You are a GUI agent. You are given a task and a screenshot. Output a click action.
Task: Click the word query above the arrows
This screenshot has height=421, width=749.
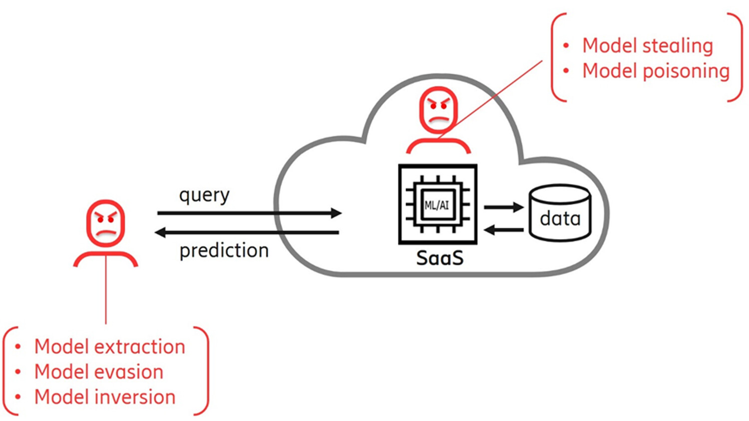[204, 195]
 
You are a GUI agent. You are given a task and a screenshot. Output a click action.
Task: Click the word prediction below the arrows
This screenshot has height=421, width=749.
[224, 250]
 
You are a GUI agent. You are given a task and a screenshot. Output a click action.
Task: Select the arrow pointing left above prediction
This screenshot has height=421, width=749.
[247, 232]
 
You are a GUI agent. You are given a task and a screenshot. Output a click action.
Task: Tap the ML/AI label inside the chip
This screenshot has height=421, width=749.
[436, 205]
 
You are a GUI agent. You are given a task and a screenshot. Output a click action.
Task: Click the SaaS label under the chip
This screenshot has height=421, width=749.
[439, 258]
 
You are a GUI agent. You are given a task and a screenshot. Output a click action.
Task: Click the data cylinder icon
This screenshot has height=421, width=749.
[560, 213]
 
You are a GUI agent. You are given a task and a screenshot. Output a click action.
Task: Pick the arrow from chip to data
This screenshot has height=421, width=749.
[504, 207]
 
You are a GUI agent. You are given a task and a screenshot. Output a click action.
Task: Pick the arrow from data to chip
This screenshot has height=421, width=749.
[504, 230]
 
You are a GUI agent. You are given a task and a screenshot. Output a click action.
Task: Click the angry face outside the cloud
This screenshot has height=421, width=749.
[105, 223]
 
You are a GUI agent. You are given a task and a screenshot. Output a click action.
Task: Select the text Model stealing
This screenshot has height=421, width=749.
[648, 45]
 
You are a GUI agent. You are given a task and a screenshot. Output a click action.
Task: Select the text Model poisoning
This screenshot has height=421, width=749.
[656, 71]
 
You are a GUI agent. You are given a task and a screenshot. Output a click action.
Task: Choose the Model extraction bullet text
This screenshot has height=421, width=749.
[109, 346]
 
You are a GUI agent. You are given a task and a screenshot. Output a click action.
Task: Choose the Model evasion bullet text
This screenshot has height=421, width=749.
[98, 372]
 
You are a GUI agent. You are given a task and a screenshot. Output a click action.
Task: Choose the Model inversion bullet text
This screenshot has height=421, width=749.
[105, 397]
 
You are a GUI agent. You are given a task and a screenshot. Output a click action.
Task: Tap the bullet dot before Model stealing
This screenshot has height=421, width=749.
[566, 46]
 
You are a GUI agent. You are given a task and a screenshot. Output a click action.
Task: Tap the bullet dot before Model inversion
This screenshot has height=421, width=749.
[18, 397]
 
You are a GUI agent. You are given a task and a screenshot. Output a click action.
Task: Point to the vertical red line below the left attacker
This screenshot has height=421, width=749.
[106, 294]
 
